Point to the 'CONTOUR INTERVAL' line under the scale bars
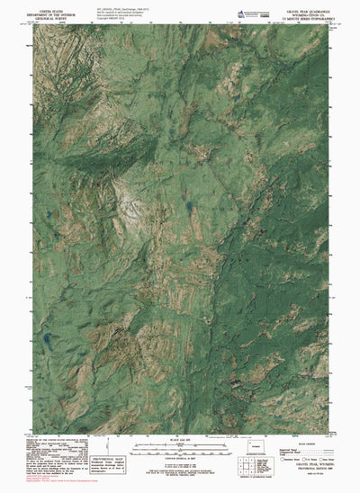[180, 453]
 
